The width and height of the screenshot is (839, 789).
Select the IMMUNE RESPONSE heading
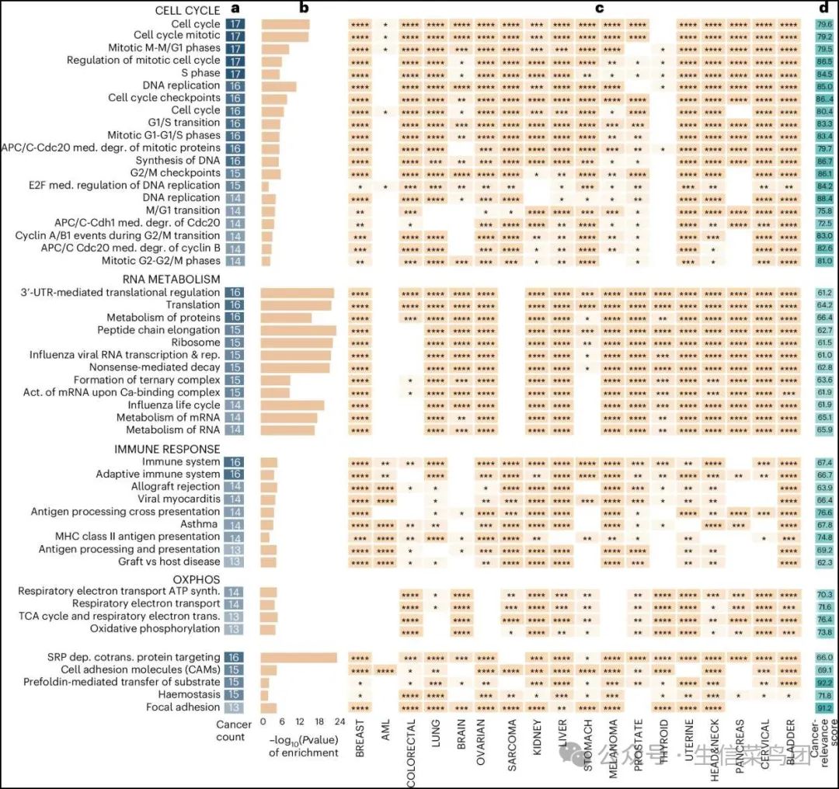(168, 449)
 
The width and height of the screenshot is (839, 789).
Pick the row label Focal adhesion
(183, 707)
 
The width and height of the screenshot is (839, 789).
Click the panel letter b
(305, 9)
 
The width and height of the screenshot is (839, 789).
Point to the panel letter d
(823, 9)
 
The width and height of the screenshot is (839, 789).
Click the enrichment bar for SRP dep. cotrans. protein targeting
(299, 657)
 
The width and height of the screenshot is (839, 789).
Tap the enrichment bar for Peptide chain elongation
(299, 330)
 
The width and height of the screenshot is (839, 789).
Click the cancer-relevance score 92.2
(823, 682)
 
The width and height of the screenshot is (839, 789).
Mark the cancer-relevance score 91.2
(823, 707)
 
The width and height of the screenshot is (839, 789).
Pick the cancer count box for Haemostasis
(235, 694)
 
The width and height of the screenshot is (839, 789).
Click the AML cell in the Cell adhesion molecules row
(385, 669)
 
